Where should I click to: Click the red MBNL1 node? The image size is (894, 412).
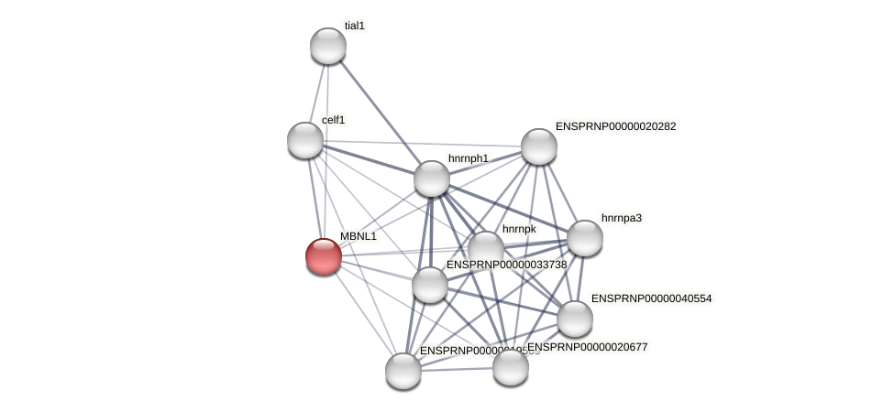pos(324,256)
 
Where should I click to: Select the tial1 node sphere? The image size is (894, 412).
pos(328,46)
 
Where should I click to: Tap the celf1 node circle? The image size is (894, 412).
pos(305,140)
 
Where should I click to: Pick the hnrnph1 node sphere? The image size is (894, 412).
pos(432,179)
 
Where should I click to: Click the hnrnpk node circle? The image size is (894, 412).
pos(486,248)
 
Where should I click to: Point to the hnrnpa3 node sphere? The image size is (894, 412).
pos(585,238)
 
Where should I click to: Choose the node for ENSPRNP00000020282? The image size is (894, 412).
pos(539,146)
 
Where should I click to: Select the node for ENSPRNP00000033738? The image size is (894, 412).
pos(430,285)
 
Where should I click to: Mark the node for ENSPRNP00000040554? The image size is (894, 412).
pos(575,319)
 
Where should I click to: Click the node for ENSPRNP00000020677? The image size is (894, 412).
pos(511,367)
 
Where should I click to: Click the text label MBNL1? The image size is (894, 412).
pos(359,236)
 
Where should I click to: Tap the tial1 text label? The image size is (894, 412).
pos(355,26)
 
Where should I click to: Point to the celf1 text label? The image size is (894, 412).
pos(333,120)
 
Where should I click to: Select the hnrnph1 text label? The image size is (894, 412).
pos(469,158)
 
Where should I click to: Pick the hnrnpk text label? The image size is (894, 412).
pos(519,229)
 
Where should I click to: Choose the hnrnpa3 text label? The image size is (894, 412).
pos(622,218)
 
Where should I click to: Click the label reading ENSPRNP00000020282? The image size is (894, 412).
pos(616,126)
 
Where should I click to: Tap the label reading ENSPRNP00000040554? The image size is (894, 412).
pos(651,298)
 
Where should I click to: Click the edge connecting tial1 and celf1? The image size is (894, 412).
pos(317,92)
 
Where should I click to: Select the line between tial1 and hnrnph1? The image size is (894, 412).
pos(380,112)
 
